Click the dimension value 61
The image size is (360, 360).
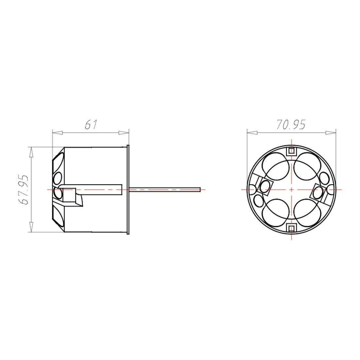click(x=91, y=125)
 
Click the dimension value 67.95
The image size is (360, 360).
click(x=23, y=189)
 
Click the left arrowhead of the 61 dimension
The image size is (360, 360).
click(x=57, y=133)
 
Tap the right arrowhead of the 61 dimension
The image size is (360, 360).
click(x=124, y=133)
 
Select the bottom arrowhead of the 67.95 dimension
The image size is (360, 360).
click(x=31, y=227)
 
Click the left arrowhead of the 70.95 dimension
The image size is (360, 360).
click(x=252, y=133)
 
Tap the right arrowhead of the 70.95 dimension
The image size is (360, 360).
click(x=331, y=133)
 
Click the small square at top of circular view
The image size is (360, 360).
click(x=291, y=151)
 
